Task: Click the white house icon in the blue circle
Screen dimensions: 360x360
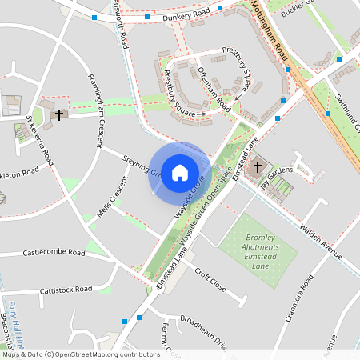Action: click(x=180, y=171)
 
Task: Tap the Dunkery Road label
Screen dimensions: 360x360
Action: click(x=186, y=15)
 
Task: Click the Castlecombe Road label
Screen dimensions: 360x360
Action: click(x=54, y=253)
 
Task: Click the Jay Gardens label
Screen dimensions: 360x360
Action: click(x=276, y=174)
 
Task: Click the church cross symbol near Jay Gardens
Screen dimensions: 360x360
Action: click(x=258, y=167)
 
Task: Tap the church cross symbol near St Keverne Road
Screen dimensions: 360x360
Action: click(x=58, y=115)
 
